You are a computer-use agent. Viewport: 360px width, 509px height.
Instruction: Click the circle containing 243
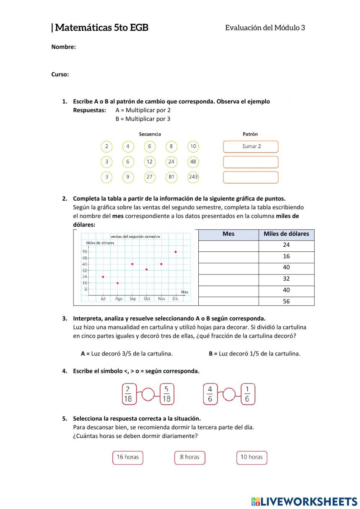[193, 177]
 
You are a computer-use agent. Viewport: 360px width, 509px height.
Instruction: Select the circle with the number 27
[149, 177]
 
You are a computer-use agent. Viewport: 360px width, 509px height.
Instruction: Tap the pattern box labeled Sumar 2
[251, 147]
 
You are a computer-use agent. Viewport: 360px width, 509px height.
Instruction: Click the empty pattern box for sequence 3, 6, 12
[251, 162]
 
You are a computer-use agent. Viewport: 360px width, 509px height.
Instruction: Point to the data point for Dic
[175, 252]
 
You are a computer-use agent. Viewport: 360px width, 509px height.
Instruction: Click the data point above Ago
[117, 283]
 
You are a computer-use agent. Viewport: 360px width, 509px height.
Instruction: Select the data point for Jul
[103, 277]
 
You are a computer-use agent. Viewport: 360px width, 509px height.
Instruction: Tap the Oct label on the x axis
[147, 299]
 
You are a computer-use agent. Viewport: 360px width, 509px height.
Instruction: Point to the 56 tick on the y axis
[85, 252]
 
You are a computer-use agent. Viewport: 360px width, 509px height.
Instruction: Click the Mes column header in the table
[228, 234]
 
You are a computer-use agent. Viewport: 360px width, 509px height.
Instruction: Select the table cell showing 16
[286, 256]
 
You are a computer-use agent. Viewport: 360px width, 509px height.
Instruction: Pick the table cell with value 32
[286, 279]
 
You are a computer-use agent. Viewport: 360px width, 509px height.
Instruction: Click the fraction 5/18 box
[167, 394]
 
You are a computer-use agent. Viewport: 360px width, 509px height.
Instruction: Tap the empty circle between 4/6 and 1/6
[229, 394]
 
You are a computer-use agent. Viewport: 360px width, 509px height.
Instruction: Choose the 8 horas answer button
[190, 457]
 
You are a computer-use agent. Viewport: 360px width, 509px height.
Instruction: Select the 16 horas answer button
[127, 457]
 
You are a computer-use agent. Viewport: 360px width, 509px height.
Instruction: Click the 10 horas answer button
[252, 457]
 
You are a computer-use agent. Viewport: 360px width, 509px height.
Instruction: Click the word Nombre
[63, 47]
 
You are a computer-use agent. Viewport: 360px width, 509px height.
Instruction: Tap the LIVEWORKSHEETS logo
[304, 501]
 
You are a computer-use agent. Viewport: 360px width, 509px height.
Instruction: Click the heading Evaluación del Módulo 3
[265, 28]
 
